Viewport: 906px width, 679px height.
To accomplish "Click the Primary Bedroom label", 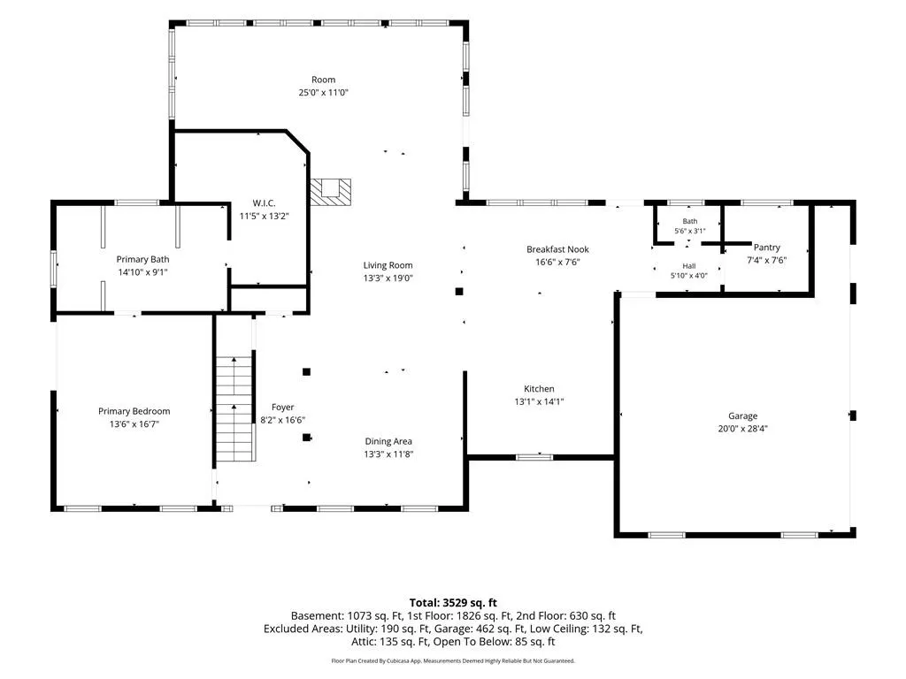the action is tap(134, 411).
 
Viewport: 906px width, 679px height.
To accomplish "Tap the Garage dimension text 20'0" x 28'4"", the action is tap(742, 429).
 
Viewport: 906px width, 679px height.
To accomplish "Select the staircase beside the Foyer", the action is tap(234, 408).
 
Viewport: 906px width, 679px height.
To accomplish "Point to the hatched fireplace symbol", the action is tap(331, 192).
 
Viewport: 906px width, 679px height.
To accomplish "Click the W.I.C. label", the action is tap(264, 203).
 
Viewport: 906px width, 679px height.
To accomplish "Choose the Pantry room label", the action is tap(767, 248).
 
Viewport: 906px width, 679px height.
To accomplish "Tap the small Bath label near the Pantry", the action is tap(690, 221).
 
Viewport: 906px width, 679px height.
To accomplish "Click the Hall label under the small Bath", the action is tap(688, 266).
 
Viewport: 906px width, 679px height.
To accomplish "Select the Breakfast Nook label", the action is tap(557, 249).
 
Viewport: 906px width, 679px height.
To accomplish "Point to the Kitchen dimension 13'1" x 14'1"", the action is tap(539, 402).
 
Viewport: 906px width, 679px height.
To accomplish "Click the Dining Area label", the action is tap(388, 442).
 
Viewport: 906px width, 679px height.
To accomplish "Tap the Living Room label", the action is tap(388, 265).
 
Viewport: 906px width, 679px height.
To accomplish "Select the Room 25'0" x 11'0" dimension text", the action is tap(323, 92).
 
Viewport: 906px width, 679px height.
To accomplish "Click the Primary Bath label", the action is tap(142, 260).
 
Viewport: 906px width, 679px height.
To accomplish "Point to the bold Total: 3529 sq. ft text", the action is tap(453, 603).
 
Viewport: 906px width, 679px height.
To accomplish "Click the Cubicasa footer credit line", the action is tap(453, 660).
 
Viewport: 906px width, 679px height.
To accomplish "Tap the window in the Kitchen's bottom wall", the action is tap(534, 457).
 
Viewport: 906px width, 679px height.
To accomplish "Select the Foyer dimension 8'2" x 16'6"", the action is tap(282, 420).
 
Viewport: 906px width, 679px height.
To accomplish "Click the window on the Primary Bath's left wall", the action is tap(54, 269).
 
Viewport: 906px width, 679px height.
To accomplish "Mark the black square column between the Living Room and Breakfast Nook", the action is tap(459, 292).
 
